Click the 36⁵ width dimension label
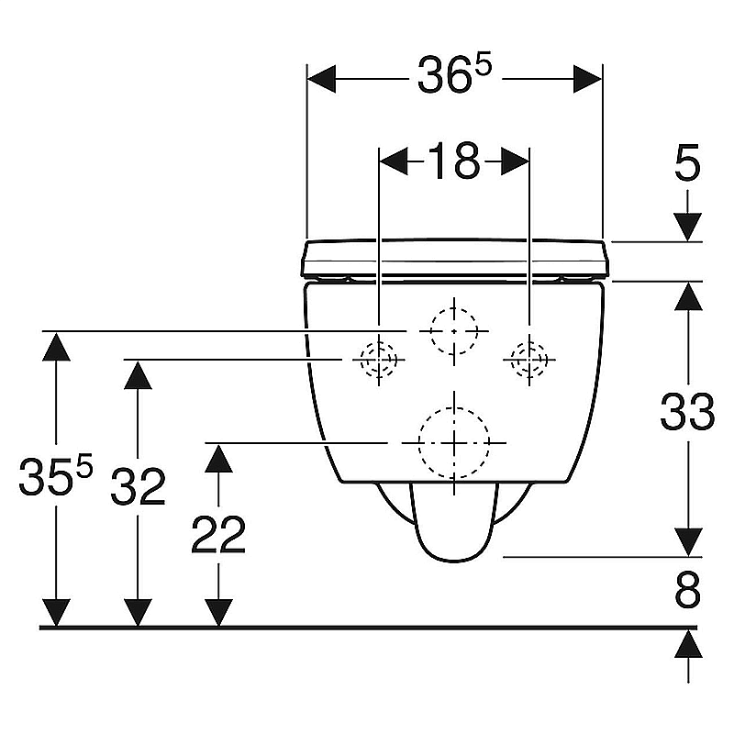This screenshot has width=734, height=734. click(454, 75)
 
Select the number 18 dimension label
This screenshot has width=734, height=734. click(454, 161)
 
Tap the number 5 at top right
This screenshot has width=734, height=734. click(687, 162)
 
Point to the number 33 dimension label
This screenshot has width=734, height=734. click(687, 412)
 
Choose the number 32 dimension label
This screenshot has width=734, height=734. click(139, 486)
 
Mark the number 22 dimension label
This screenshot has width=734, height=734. click(218, 534)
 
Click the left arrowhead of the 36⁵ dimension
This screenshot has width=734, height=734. click(321, 79)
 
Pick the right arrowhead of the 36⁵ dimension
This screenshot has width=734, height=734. click(588, 79)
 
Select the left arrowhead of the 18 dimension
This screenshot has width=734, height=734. click(394, 162)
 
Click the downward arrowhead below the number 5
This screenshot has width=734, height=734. click(687, 227)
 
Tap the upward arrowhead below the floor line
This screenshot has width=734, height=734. click(688, 644)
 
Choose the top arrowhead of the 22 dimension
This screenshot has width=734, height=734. click(218, 458)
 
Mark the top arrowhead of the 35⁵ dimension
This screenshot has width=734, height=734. click(56, 347)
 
